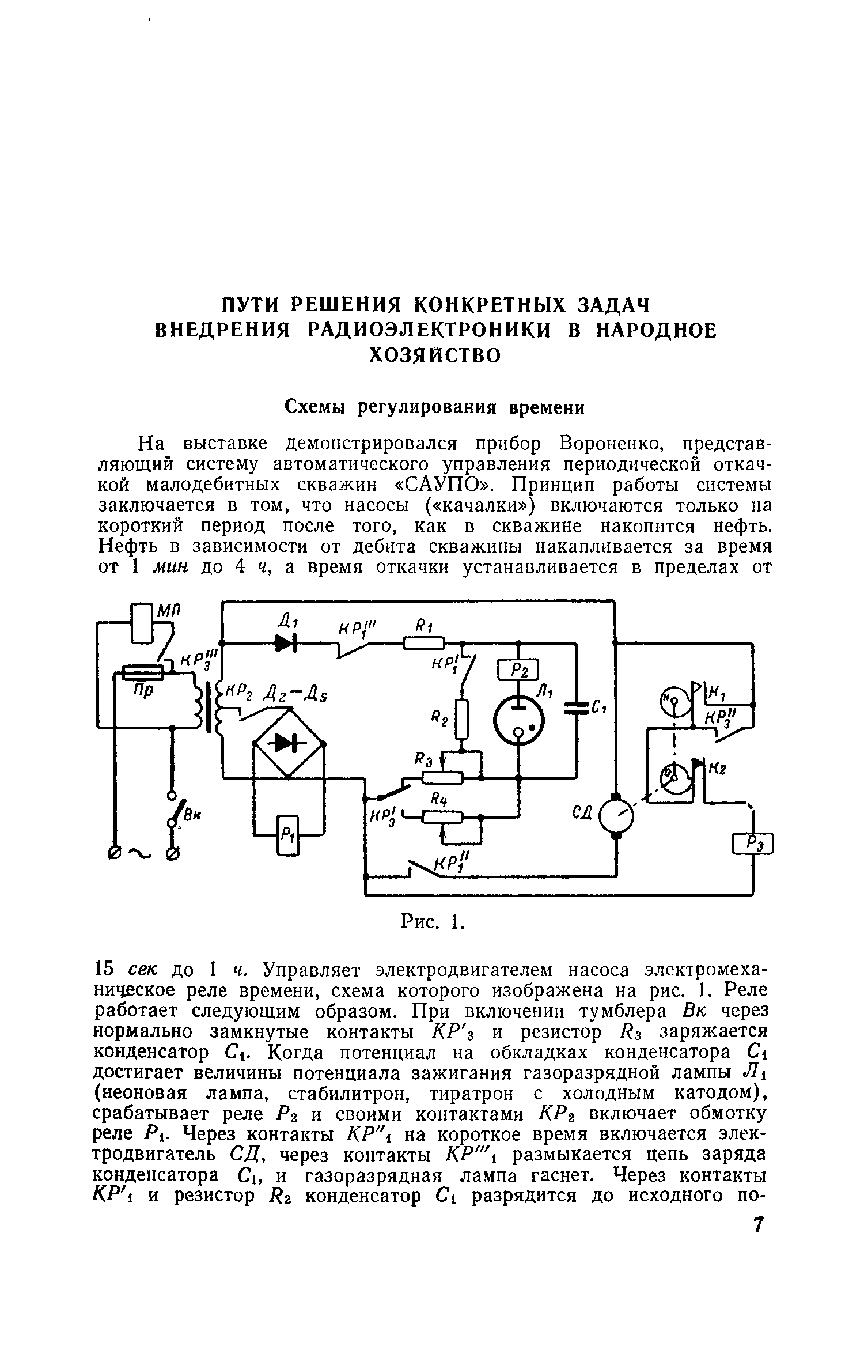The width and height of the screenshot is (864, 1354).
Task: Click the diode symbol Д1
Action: point(287,643)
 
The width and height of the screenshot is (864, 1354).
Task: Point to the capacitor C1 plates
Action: point(575,708)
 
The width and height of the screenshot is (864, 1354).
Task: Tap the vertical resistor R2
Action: point(462,718)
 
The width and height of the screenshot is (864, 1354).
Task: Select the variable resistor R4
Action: point(442,816)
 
